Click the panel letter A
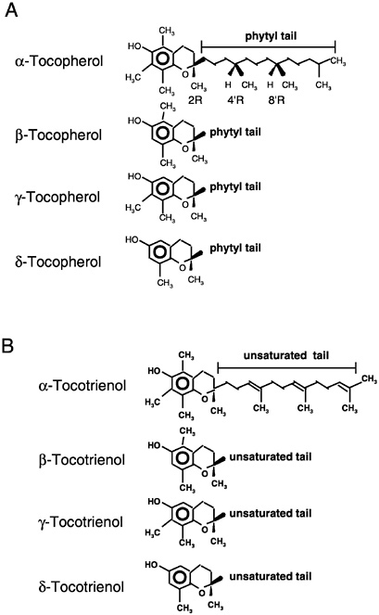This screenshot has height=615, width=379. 11,9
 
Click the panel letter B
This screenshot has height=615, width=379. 7,346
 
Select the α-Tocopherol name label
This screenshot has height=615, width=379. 59,61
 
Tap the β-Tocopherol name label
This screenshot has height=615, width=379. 58,135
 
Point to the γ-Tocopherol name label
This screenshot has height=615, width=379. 57,197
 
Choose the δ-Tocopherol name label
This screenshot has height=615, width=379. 58,262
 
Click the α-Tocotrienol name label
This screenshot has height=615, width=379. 82,386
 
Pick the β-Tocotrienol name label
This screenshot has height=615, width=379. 82,460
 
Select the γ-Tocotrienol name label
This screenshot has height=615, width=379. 81,522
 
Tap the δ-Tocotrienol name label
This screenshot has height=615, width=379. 82,587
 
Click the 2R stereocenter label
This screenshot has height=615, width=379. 196,100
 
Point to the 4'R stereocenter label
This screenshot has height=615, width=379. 235,100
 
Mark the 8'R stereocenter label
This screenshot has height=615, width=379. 276,100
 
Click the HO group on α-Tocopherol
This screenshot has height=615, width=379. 134,46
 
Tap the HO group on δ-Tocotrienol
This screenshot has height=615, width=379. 152,565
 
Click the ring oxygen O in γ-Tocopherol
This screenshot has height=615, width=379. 185,205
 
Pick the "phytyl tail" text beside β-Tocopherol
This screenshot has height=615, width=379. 235,132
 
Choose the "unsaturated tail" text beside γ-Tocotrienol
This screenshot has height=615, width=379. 271,513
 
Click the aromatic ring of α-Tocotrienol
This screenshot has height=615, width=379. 182,384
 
